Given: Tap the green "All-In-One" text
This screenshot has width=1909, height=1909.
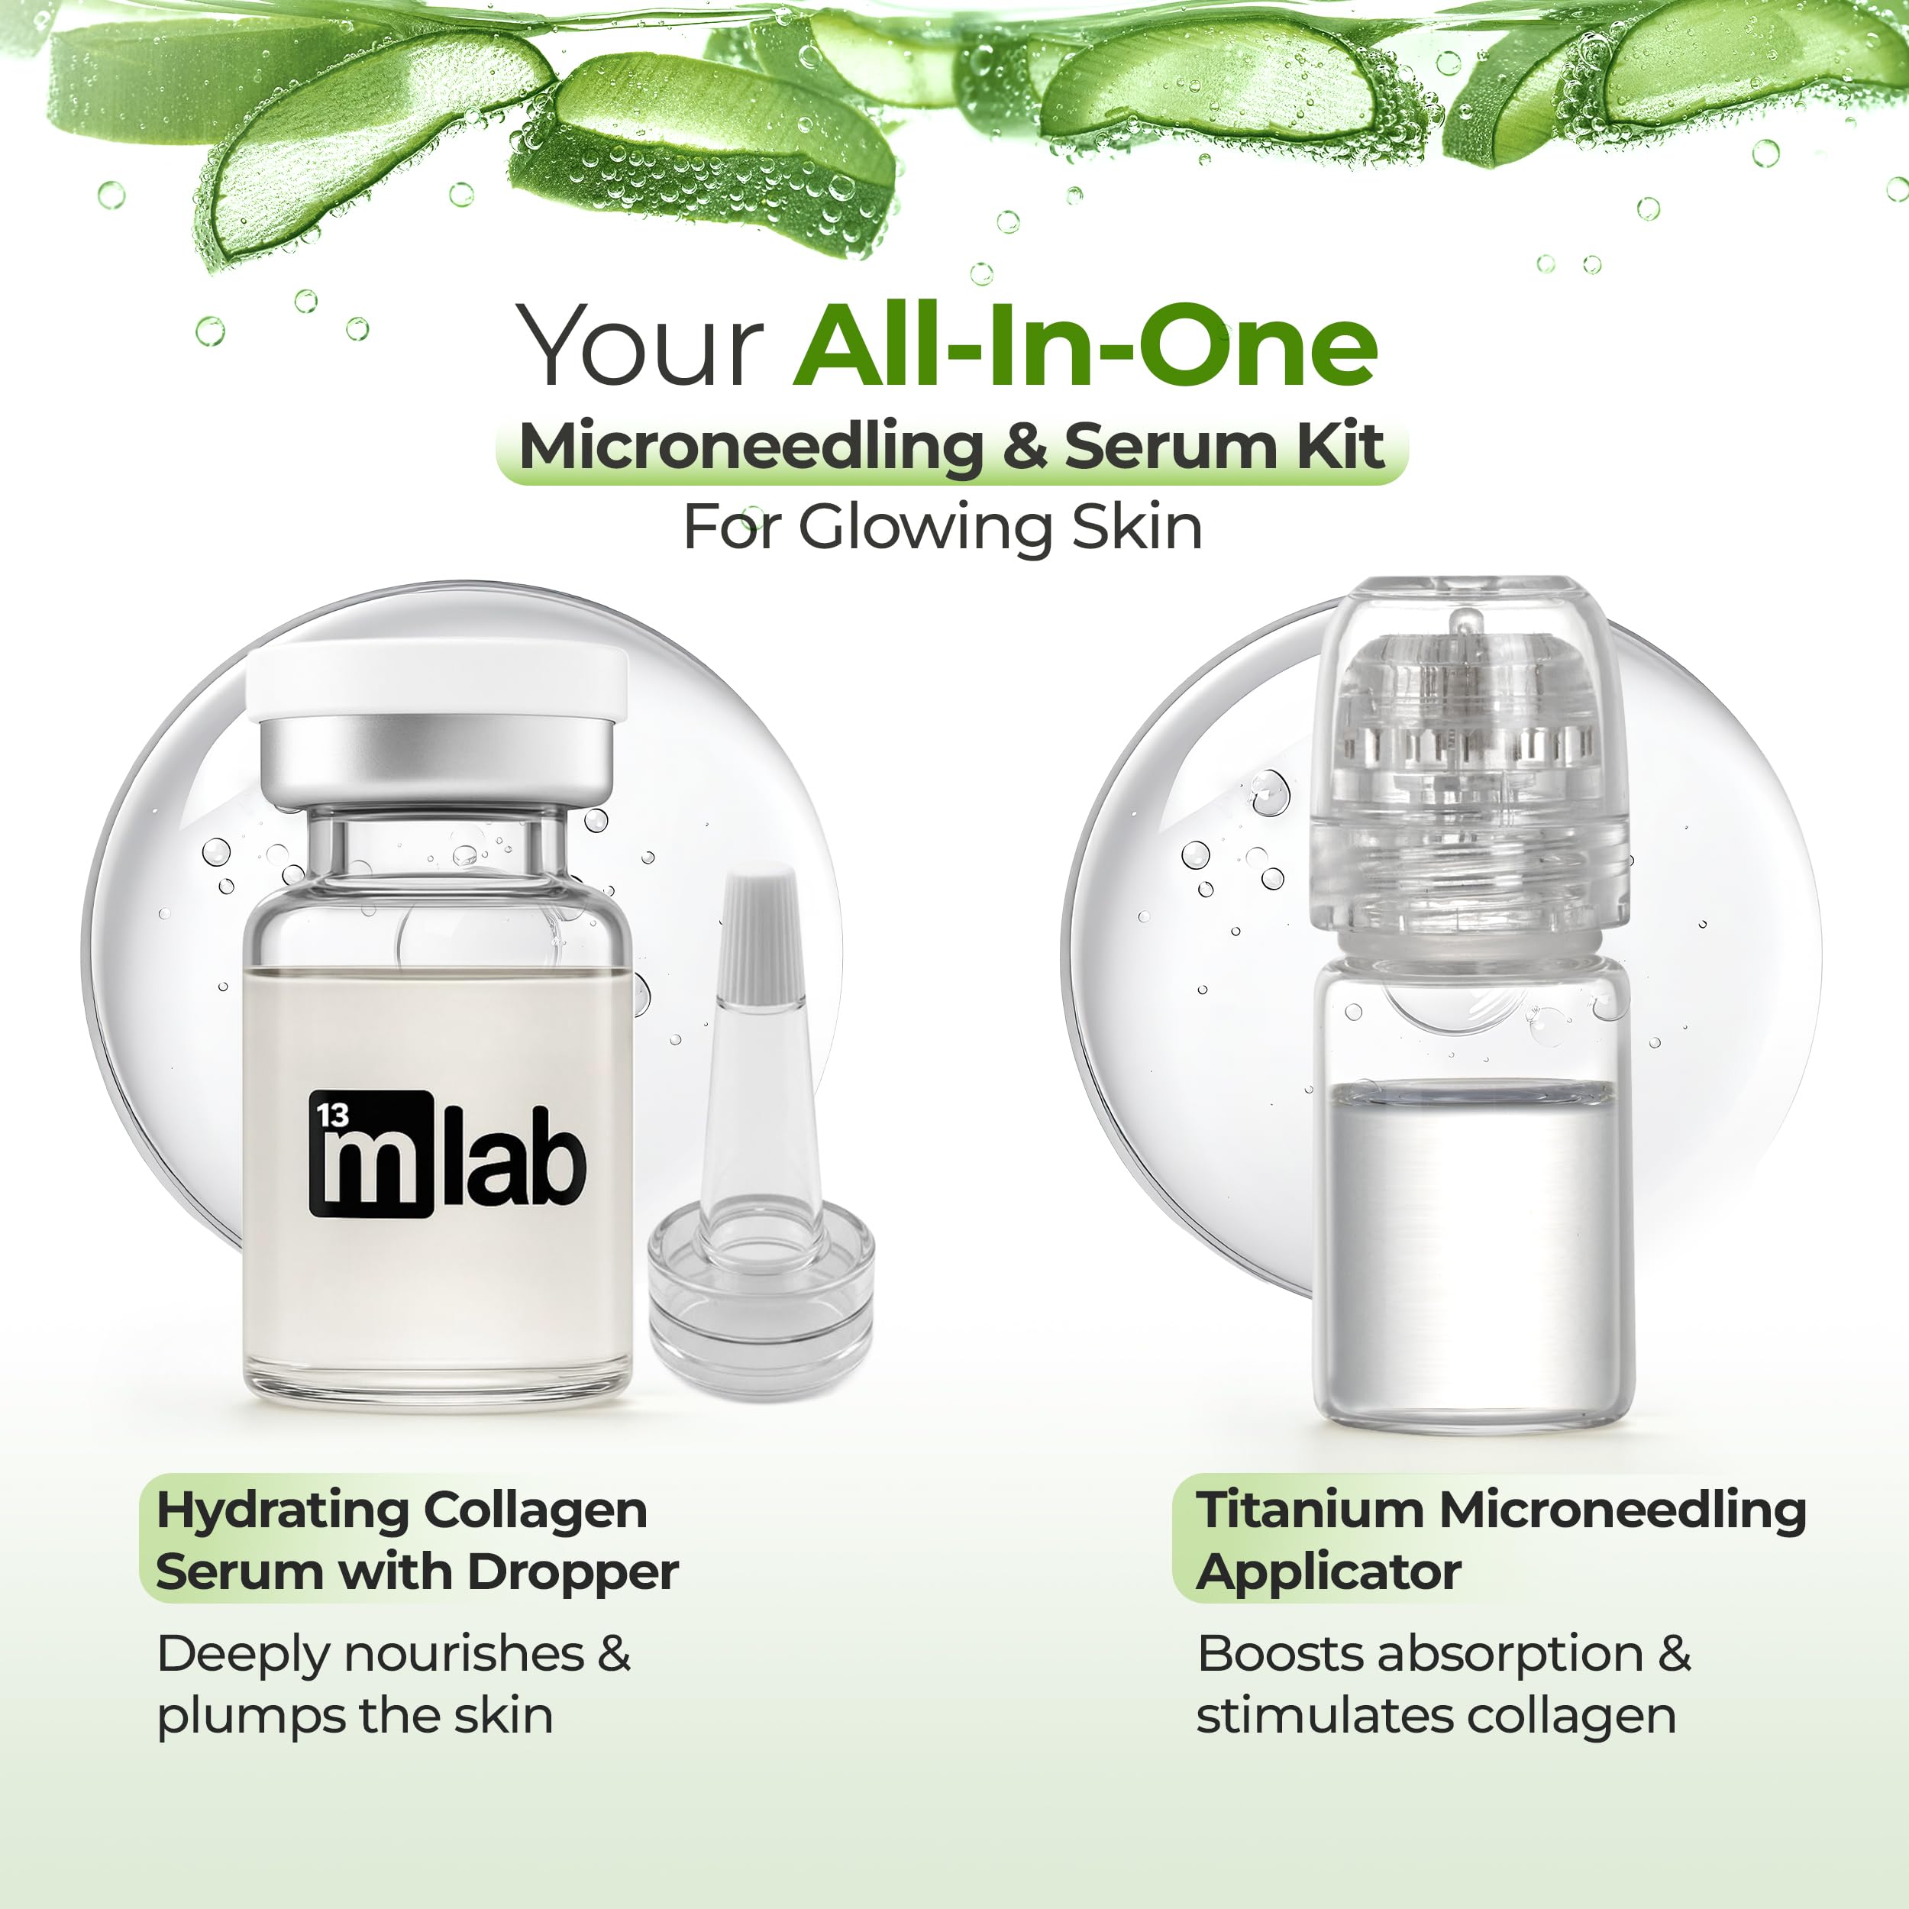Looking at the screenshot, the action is (1085, 345).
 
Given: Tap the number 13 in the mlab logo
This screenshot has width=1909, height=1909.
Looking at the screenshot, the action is (333, 1116).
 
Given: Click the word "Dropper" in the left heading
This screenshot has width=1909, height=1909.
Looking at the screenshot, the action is (573, 1573).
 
